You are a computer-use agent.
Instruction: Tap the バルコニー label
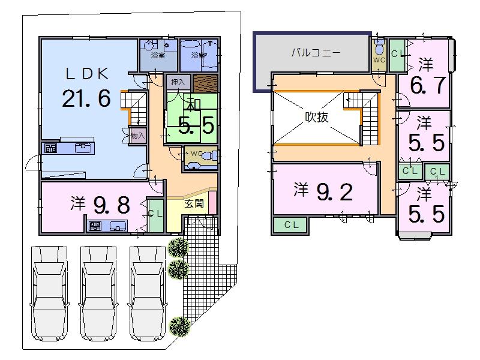[316, 53]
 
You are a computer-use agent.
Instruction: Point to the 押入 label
[178, 82]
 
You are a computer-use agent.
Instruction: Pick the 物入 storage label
[137, 136]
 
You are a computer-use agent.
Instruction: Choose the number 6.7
[427, 86]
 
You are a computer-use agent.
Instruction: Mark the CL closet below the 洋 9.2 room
[291, 225]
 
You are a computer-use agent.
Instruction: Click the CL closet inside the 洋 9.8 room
[155, 214]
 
